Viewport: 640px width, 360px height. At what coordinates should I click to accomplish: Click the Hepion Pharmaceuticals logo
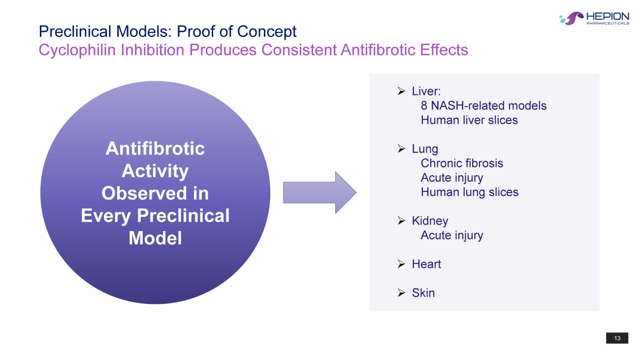point(594,18)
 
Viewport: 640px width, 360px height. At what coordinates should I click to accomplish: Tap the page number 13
point(617,338)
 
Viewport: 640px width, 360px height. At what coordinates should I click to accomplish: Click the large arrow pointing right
point(320,193)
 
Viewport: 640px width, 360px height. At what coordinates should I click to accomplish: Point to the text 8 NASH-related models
point(483,106)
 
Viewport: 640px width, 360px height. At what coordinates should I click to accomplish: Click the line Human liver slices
point(469,120)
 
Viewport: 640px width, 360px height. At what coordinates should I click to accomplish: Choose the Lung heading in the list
point(425,149)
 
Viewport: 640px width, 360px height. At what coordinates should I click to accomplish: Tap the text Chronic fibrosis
point(462,164)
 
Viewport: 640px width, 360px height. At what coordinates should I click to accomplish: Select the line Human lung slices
point(470,192)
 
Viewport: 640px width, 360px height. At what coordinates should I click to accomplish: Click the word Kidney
point(430,221)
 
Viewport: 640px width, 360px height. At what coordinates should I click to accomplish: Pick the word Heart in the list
point(426,264)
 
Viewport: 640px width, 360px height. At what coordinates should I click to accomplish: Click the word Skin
point(423,293)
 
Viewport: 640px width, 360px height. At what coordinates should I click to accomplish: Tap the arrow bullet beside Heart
point(401,264)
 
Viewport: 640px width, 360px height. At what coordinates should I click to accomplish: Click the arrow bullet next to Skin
point(401,293)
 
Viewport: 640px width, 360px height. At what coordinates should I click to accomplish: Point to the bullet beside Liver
point(401,91)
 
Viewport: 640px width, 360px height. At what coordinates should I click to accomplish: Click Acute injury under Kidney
point(452,235)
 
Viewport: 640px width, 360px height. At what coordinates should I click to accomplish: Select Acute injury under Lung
point(452,178)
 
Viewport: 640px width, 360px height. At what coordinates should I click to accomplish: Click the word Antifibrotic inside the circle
point(155,149)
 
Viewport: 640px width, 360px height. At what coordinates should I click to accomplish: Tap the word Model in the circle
point(155,238)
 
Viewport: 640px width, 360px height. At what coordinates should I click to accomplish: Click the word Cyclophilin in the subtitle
point(77,50)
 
